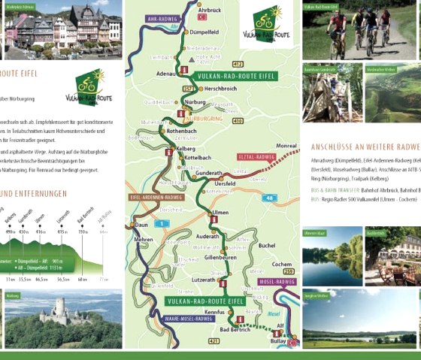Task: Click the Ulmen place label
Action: (x=220, y=213)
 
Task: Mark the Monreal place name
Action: (x=286, y=145)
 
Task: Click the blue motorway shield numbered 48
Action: (x=269, y=198)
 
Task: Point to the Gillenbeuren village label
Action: (x=221, y=256)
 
